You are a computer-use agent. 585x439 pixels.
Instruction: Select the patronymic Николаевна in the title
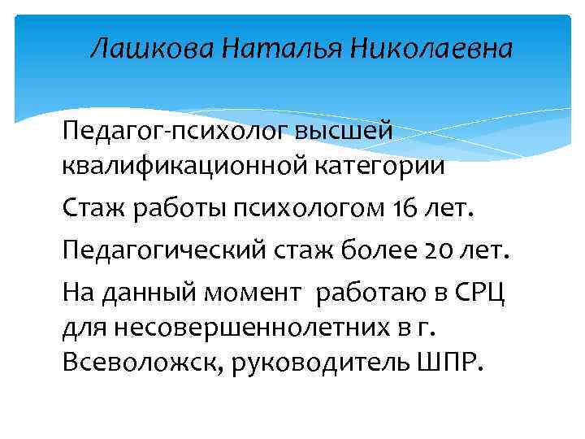pos(431,50)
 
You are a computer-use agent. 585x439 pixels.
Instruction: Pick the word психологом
pos(310,210)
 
